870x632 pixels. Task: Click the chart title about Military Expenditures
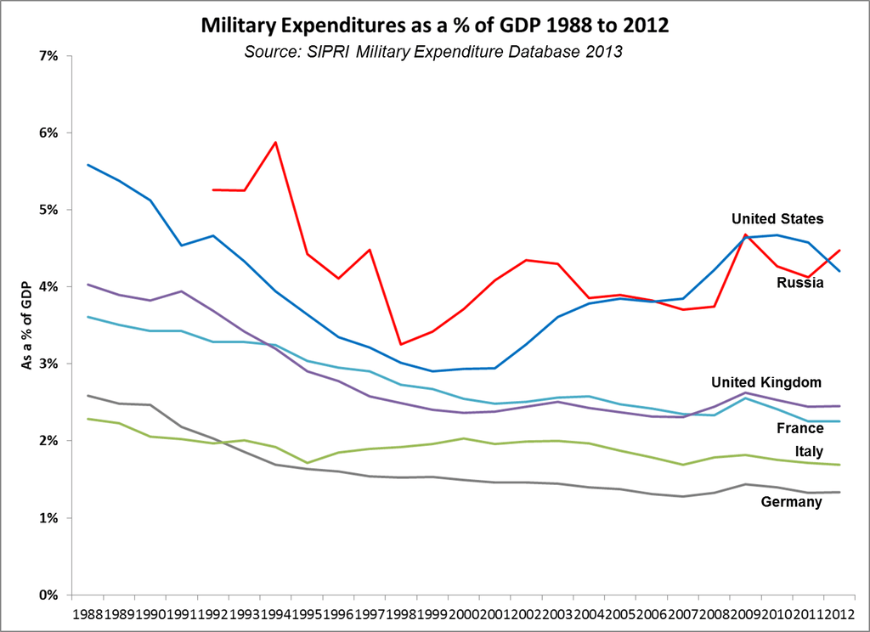point(434,25)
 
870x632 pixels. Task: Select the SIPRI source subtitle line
point(434,52)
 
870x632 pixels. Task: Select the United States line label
point(777,219)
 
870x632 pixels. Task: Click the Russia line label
point(799,283)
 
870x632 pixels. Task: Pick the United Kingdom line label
point(766,382)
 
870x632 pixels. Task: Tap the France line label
point(799,429)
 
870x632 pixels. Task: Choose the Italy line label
point(807,452)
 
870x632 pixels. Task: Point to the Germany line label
point(791,502)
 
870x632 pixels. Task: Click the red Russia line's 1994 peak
point(276,142)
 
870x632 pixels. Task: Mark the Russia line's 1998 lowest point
point(400,344)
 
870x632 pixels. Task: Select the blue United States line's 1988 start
point(88,165)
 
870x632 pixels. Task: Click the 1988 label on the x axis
point(88,612)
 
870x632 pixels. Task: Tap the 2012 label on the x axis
point(840,612)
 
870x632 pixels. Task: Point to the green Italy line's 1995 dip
point(308,463)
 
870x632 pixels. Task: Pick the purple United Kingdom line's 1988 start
point(88,285)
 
